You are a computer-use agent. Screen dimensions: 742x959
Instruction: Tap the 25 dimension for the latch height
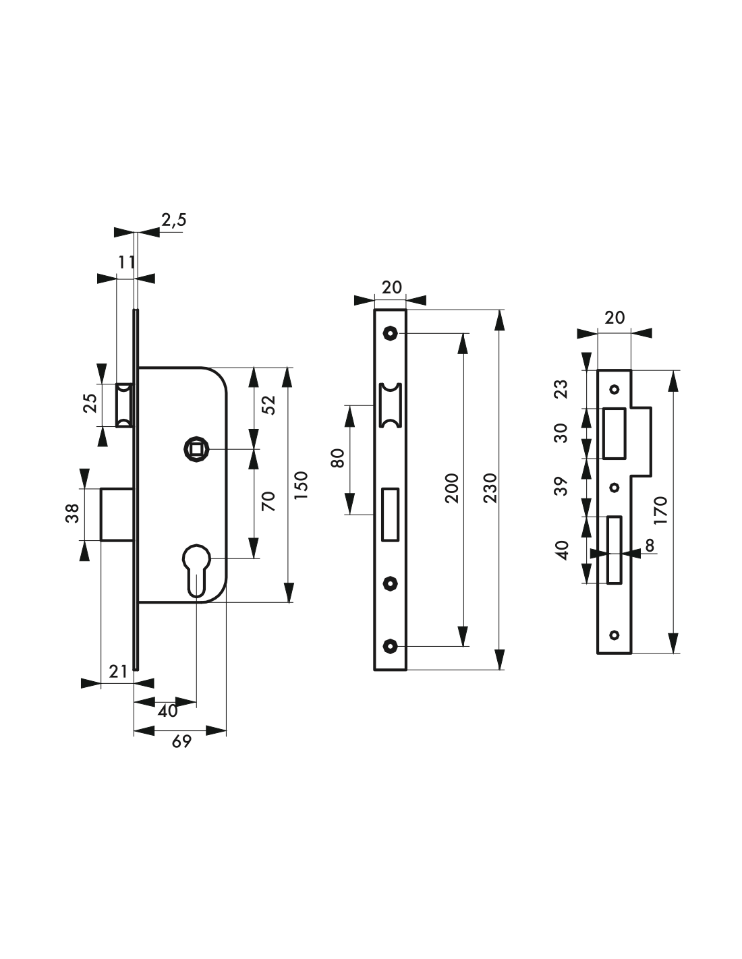point(90,403)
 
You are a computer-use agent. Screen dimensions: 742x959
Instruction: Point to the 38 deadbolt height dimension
point(72,514)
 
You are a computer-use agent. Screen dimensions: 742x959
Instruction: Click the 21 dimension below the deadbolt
point(118,672)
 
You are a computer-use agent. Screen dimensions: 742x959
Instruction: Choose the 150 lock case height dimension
point(301,486)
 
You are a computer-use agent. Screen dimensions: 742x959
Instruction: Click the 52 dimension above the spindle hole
point(268,405)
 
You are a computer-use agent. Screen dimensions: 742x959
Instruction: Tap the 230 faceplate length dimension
point(490,488)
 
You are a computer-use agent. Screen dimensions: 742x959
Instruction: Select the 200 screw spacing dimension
point(452,488)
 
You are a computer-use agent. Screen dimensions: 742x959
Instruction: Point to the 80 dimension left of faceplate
point(337,459)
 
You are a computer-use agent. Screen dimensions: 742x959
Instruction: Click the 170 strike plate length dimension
point(660,510)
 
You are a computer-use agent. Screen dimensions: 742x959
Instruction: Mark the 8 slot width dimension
point(650,546)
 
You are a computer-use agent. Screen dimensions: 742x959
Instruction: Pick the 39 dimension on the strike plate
point(561,486)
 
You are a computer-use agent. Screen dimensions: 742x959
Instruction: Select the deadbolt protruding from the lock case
point(117,514)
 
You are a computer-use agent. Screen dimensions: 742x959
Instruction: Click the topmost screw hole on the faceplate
point(390,333)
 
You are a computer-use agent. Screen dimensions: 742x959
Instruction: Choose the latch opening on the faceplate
point(390,405)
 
